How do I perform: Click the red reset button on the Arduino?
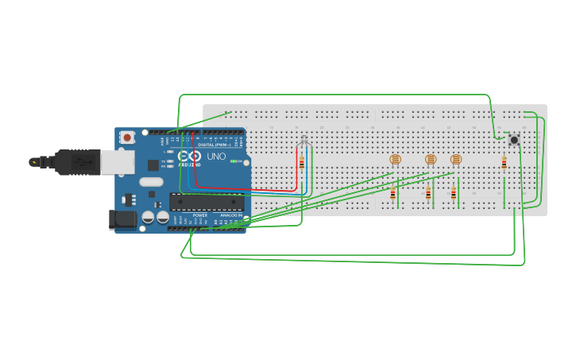[128, 137]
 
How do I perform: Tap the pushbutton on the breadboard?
[514, 140]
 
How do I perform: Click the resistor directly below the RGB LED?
[302, 163]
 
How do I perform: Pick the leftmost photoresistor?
[395, 159]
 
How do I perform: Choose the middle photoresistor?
[431, 159]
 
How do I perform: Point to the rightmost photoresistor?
[456, 159]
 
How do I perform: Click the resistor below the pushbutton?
[504, 163]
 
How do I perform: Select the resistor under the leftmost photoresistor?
[392, 194]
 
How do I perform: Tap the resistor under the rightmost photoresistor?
[454, 192]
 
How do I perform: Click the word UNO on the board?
[216, 157]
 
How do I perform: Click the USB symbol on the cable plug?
[80, 162]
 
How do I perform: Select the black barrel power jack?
[122, 219]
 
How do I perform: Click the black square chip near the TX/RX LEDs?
[153, 165]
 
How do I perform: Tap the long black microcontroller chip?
[207, 201]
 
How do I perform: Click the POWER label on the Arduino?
[200, 215]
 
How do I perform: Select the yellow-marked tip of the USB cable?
[34, 162]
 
